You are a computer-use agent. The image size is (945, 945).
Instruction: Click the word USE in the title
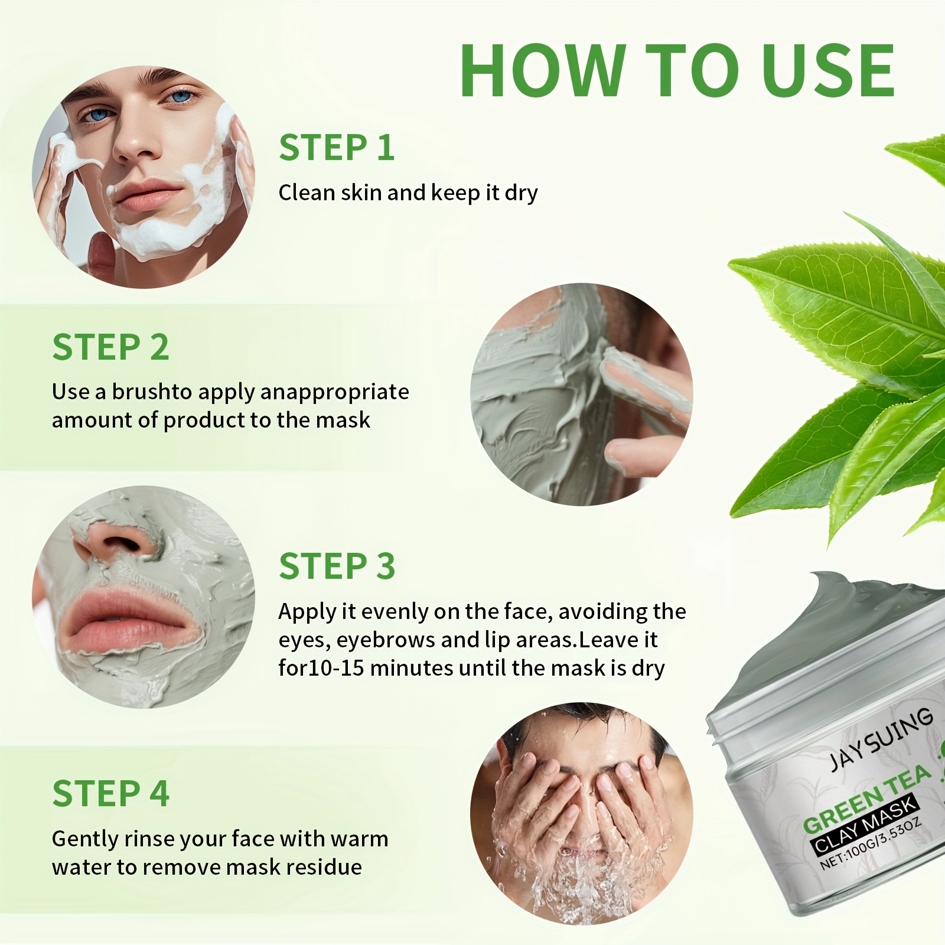pos(828,71)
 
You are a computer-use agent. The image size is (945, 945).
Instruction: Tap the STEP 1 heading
pos(337,148)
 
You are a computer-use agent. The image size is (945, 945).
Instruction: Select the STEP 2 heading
pos(110,347)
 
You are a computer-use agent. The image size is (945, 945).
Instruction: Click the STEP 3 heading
pos(337,566)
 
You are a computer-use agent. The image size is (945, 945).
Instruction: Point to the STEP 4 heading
pos(110,793)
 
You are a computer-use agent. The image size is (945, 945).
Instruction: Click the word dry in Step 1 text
pos(521,193)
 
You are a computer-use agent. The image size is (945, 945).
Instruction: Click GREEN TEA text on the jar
pos(866,797)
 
